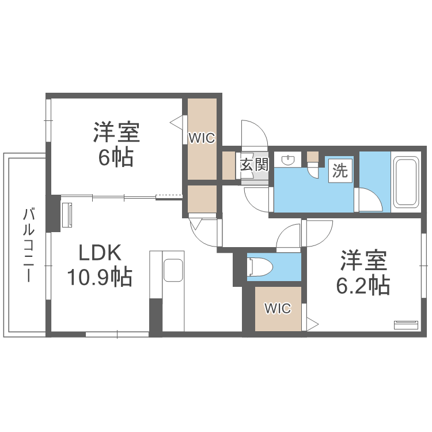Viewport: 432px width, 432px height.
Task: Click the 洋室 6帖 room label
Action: (x=116, y=144)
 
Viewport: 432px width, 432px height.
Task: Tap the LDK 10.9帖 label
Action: (x=100, y=265)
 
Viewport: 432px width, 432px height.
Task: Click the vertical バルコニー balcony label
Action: (x=26, y=245)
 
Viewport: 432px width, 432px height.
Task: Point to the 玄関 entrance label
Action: (x=254, y=165)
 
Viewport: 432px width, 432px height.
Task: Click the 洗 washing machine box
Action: (x=340, y=171)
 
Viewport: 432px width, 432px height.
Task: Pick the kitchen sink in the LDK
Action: (x=173, y=271)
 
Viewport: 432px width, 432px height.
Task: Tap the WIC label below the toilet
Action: (x=278, y=309)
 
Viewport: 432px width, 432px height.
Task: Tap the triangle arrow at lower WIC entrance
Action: (x=311, y=324)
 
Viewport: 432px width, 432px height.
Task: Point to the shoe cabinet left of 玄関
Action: (x=228, y=165)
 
